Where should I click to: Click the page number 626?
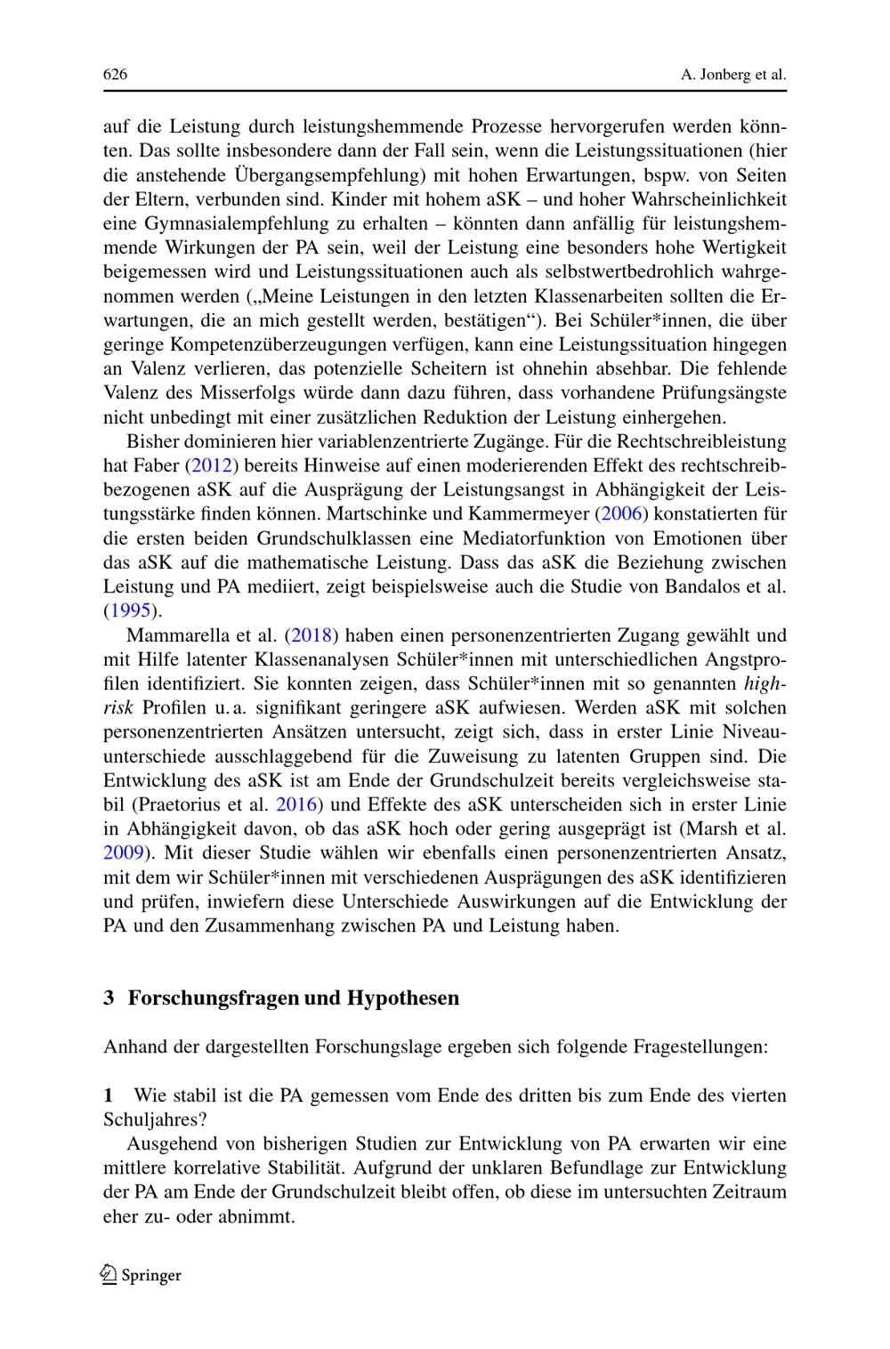(x=116, y=75)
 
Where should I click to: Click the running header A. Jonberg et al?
(x=733, y=75)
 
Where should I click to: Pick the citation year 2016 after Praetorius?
(x=297, y=804)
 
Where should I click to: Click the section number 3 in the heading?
(x=109, y=998)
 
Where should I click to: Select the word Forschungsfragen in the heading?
(x=214, y=998)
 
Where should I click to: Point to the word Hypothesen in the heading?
(x=403, y=998)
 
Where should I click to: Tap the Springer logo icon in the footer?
(x=109, y=1275)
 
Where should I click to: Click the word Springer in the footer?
(x=151, y=1275)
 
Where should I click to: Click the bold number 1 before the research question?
(x=109, y=1095)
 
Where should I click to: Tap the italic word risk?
(x=118, y=707)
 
